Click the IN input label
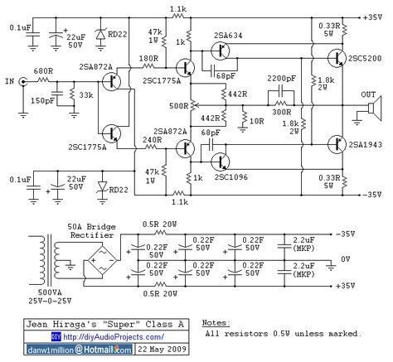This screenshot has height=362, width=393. (x=10, y=82)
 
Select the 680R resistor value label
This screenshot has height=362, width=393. (x=45, y=71)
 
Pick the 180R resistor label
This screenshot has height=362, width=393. (x=149, y=58)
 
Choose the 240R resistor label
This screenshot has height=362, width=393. (x=149, y=139)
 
